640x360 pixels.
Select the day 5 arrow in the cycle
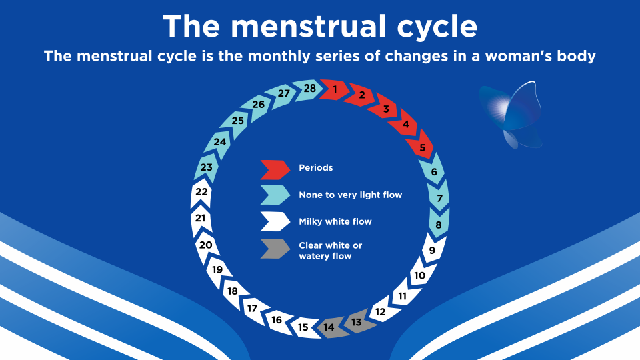coord(422,147)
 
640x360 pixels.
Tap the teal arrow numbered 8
coord(438,225)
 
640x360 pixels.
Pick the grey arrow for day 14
coord(329,327)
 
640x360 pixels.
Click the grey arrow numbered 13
coord(357,322)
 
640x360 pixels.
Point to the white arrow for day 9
coord(432,251)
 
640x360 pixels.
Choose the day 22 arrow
coord(201,192)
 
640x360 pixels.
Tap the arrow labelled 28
coord(309,89)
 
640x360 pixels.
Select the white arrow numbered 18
coord(232,291)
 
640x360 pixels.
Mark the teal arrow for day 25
coord(237,121)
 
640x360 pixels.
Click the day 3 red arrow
coord(385,109)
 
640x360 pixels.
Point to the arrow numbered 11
coord(402,295)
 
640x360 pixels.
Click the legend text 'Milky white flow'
coord(335,221)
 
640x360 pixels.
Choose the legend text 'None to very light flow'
coord(350,195)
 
